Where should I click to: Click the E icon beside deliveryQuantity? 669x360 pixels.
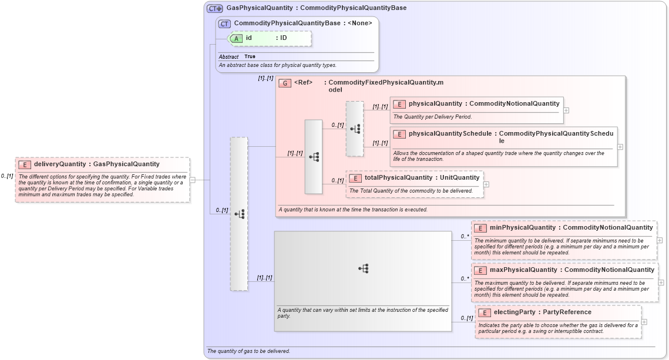(x=25, y=164)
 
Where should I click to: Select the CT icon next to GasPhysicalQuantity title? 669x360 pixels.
(x=215, y=8)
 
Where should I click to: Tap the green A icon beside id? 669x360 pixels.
(x=236, y=38)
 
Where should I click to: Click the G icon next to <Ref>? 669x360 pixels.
(x=285, y=83)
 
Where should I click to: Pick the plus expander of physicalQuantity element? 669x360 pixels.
(x=566, y=110)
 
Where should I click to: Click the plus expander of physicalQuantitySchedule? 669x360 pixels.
(x=620, y=147)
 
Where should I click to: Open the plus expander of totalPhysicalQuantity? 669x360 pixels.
(x=486, y=184)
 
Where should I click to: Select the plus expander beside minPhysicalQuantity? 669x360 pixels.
(x=660, y=240)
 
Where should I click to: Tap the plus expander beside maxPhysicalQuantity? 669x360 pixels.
(x=661, y=282)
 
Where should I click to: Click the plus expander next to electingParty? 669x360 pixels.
(x=644, y=321)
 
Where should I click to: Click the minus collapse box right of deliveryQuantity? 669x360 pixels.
(x=193, y=180)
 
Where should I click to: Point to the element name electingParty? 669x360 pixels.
(x=514, y=312)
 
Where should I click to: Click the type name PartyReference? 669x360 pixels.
(x=567, y=312)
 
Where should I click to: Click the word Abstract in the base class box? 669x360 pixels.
(x=228, y=56)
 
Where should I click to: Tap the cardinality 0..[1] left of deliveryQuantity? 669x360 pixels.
(x=7, y=176)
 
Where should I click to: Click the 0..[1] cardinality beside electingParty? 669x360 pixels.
(x=466, y=318)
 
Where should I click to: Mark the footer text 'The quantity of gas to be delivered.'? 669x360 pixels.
(x=248, y=351)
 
